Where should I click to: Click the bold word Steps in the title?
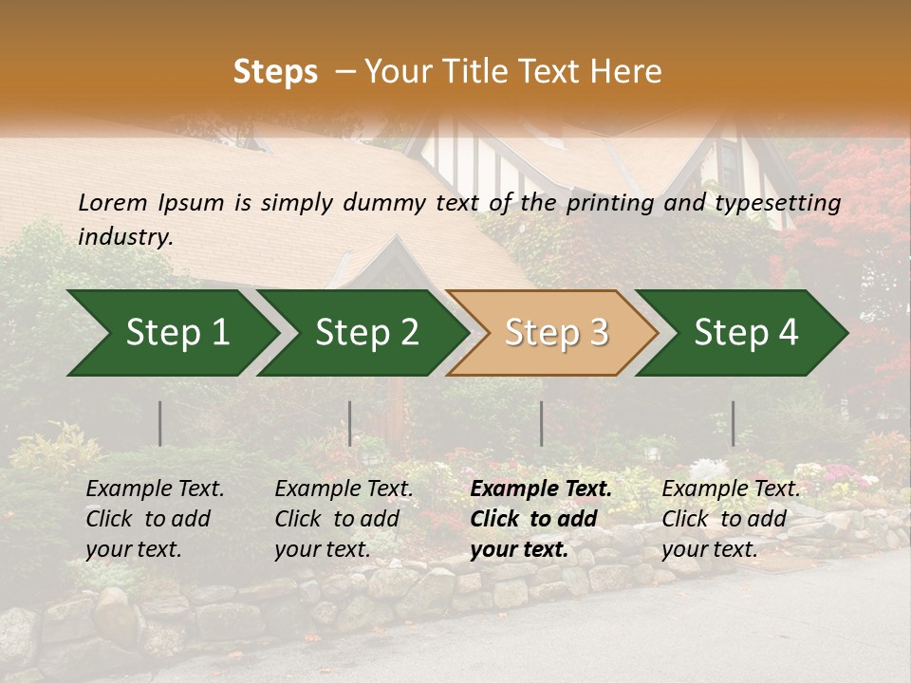tap(275, 72)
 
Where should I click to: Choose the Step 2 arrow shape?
tap(366, 333)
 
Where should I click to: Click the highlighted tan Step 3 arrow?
tap(556, 333)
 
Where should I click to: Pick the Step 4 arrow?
tap(746, 333)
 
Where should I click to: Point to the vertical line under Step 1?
tap(160, 423)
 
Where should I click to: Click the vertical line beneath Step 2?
tap(350, 423)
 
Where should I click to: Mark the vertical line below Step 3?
tap(541, 423)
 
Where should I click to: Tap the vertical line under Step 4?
tap(733, 423)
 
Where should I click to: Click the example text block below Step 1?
tap(155, 519)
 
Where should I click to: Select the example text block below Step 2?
tap(344, 519)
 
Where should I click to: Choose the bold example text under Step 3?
tap(541, 519)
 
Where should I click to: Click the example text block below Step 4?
tap(731, 519)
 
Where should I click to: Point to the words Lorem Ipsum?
tap(151, 203)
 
